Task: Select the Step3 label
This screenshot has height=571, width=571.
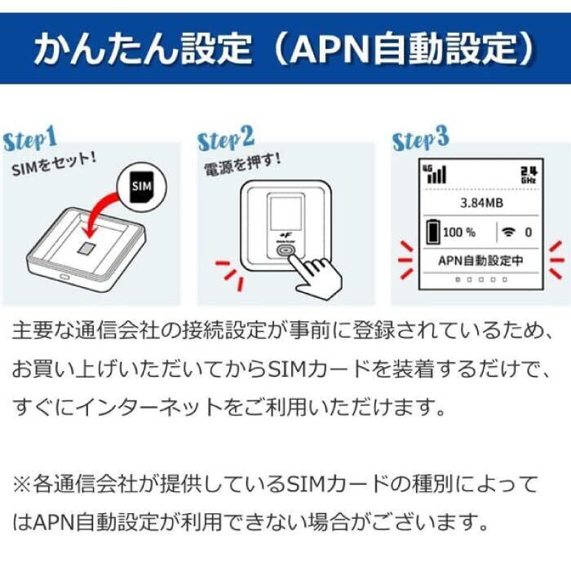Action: pos(421,139)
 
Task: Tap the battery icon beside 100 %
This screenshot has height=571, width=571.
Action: pos(432,232)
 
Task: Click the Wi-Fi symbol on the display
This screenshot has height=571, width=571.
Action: pos(510,232)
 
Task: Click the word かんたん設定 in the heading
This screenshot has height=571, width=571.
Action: pos(143,48)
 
